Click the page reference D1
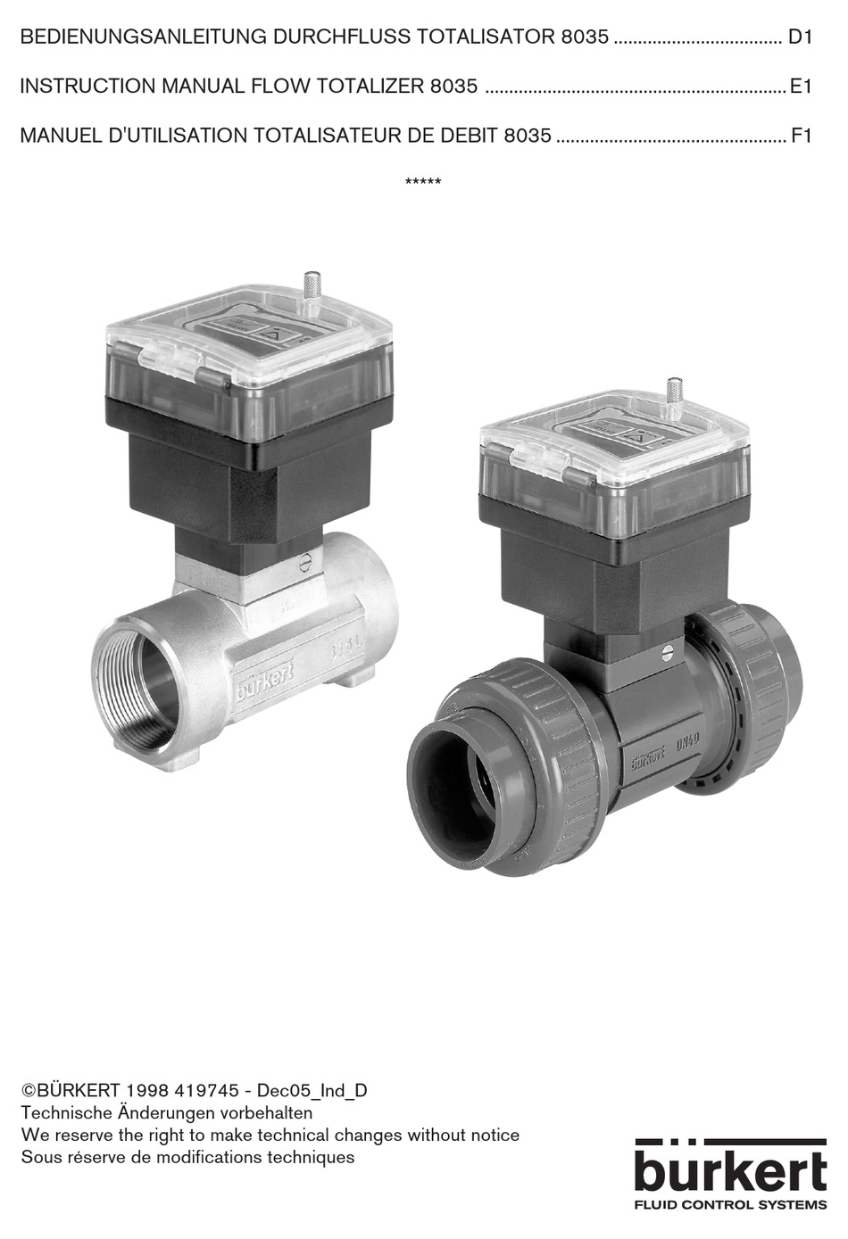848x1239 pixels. click(x=799, y=37)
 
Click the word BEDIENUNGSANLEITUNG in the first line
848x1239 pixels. click(x=143, y=37)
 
